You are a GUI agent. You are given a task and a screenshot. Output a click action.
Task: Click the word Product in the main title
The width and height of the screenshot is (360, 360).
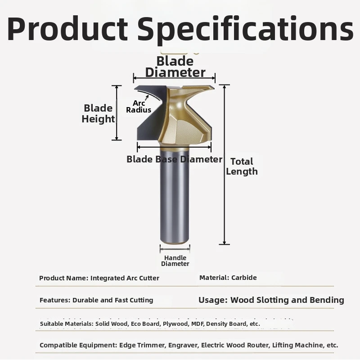tap(67, 29)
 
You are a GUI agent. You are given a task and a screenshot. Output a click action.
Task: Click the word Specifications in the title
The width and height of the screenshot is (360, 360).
tap(246, 29)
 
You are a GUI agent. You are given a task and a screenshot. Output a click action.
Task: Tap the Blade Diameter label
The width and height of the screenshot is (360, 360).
tap(175, 67)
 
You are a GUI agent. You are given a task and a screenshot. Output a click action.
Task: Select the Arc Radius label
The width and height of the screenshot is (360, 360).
tap(139, 107)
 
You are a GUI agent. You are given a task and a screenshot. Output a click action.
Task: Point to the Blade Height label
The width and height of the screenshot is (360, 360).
tap(98, 113)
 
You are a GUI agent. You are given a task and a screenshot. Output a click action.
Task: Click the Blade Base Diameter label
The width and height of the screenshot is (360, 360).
tap(175, 159)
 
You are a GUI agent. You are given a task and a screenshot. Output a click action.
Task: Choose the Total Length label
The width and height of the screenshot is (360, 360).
tap(242, 166)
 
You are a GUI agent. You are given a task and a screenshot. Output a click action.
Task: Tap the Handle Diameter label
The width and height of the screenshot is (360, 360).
tap(175, 261)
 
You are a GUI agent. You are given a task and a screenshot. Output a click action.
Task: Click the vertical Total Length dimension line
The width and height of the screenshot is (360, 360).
tap(224, 165)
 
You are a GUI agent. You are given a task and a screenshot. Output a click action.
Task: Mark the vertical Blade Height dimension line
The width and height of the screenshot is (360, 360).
tap(117, 113)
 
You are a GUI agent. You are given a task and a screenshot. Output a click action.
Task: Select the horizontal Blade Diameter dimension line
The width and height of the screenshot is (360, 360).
tap(174, 78)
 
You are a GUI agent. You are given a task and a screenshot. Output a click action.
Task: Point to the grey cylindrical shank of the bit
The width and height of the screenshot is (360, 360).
tap(175, 195)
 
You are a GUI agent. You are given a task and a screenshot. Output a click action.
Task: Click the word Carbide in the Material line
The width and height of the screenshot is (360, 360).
tap(244, 278)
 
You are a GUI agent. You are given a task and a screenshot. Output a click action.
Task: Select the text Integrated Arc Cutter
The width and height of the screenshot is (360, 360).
tap(125, 278)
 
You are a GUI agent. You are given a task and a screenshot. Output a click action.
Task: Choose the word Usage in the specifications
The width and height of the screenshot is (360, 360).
tap(213, 300)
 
